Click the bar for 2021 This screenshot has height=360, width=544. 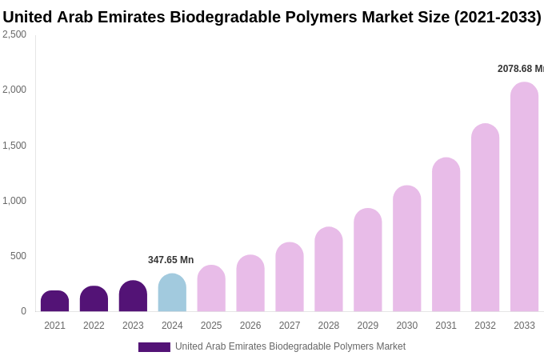[x=54, y=302]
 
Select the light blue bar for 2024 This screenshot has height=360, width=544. [x=172, y=293]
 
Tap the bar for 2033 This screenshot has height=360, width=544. [x=524, y=197]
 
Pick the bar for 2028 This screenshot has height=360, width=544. [x=329, y=270]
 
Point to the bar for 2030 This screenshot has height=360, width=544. [x=407, y=249]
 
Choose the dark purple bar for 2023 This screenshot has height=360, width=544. [x=133, y=296]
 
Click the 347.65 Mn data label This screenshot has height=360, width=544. [x=170, y=260]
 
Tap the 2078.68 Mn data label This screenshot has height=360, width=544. [x=520, y=69]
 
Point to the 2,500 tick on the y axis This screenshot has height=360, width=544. [x=14, y=34]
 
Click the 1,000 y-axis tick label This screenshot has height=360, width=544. [x=14, y=201]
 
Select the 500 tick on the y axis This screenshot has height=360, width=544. [x=18, y=256]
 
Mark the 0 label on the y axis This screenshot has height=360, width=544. [x=23, y=311]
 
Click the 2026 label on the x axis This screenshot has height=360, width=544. [x=250, y=326]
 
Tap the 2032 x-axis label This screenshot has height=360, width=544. [x=485, y=326]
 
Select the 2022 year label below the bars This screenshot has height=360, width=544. [x=94, y=326]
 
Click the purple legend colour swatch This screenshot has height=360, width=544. [x=154, y=347]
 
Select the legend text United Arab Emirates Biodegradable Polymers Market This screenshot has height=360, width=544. [x=290, y=346]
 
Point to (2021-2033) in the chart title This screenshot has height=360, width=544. [x=498, y=17]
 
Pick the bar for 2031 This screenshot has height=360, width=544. [x=446, y=234]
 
